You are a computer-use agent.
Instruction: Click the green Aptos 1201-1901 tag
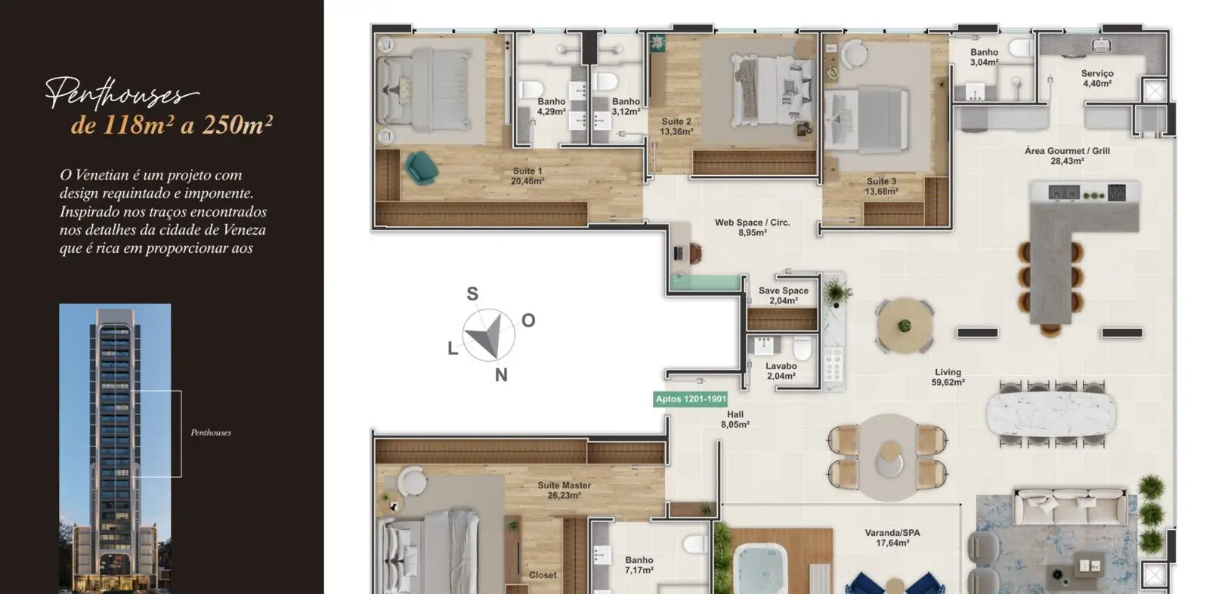[x=691, y=399]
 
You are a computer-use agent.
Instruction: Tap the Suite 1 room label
[x=527, y=177]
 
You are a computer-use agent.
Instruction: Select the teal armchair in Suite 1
[x=421, y=167]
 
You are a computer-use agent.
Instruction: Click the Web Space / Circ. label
[x=753, y=227]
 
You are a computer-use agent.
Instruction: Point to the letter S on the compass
[x=472, y=294]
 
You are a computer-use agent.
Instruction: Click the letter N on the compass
[x=502, y=374]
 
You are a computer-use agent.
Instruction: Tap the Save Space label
[x=784, y=295]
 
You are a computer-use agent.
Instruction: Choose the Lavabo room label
[x=781, y=371]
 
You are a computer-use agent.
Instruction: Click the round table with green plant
[x=904, y=325]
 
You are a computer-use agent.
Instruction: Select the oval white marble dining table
[x=1051, y=414]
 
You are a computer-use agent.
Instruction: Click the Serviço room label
[x=1097, y=78]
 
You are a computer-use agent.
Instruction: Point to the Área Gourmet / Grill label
[x=1067, y=155]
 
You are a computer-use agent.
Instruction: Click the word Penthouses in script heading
[x=122, y=93]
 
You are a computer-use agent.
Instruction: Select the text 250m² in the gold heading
[x=237, y=125]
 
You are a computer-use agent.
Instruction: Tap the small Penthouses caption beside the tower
[x=211, y=432]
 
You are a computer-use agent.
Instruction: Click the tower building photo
[x=115, y=448]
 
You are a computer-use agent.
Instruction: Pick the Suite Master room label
[x=564, y=490]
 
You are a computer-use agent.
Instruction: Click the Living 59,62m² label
[x=948, y=377]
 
